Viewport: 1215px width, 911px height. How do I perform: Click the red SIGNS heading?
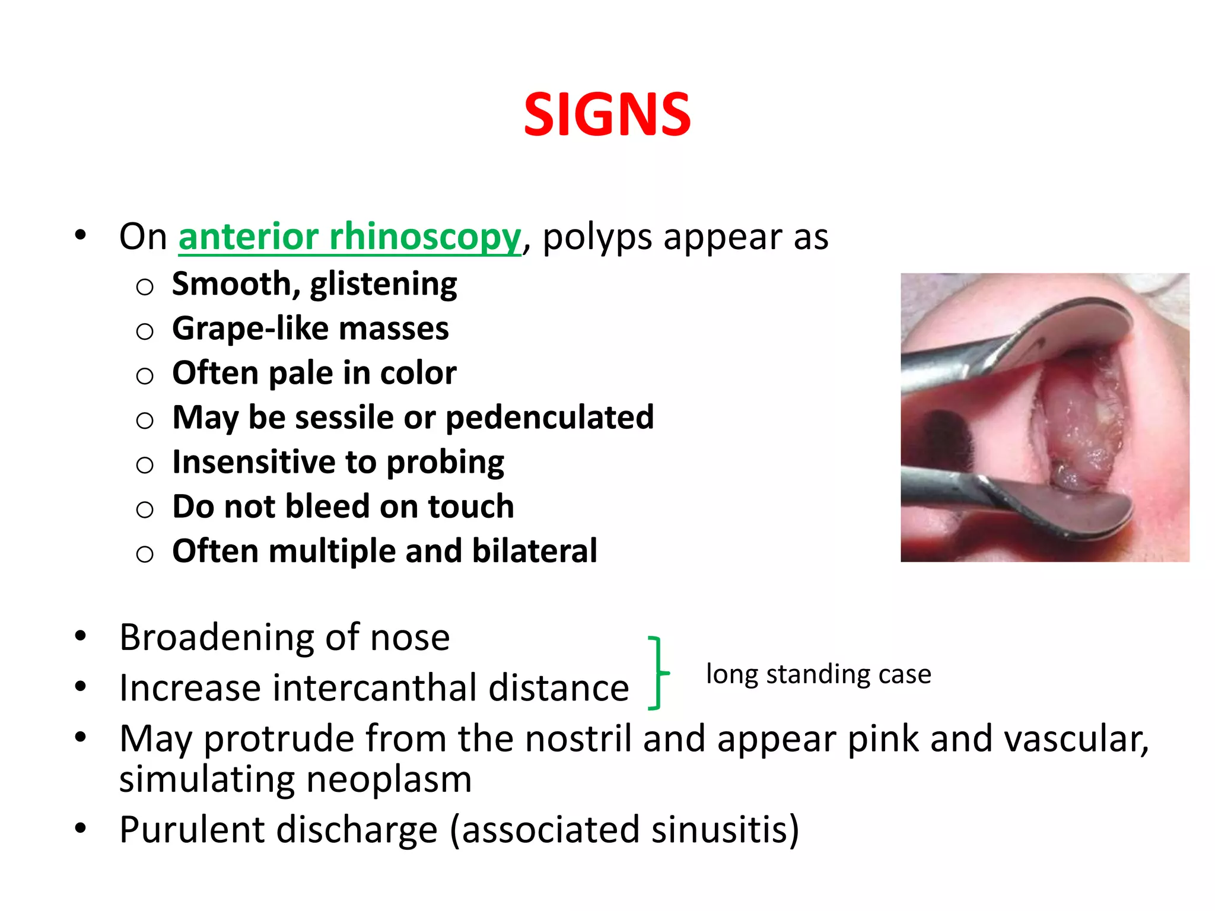pyautogui.click(x=607, y=114)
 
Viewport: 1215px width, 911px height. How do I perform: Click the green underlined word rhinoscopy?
pyautogui.click(x=425, y=237)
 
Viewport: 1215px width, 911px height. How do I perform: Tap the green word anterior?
pyautogui.click(x=249, y=237)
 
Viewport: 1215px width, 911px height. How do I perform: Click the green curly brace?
pyautogui.click(x=657, y=673)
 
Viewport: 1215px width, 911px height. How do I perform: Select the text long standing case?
pyautogui.click(x=818, y=674)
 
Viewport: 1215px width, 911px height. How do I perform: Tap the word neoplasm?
pyautogui.click(x=389, y=779)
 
